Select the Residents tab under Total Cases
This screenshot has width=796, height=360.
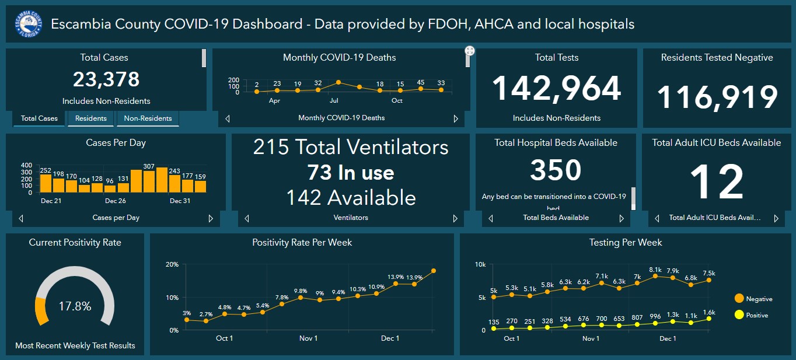[91, 118]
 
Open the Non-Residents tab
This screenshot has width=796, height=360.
[148, 118]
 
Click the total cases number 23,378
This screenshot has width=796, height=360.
[106, 79]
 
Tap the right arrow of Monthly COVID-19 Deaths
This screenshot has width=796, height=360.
[456, 118]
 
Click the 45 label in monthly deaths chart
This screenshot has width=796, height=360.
[420, 82]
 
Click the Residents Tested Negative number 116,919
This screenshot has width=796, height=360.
[717, 97]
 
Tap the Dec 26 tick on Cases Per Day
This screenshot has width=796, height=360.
[116, 201]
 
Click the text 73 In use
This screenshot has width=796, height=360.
[350, 173]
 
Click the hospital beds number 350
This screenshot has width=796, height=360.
[556, 170]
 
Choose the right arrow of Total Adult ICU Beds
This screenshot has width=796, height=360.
[776, 218]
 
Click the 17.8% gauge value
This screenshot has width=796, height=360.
[75, 306]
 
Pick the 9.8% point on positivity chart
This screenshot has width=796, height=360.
[301, 298]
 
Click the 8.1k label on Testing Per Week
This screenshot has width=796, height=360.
[655, 270]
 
